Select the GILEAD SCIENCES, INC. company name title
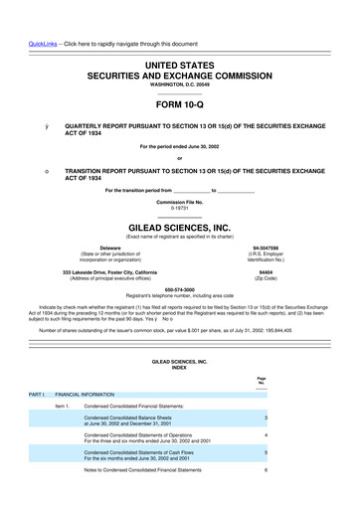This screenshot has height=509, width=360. tap(180, 226)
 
